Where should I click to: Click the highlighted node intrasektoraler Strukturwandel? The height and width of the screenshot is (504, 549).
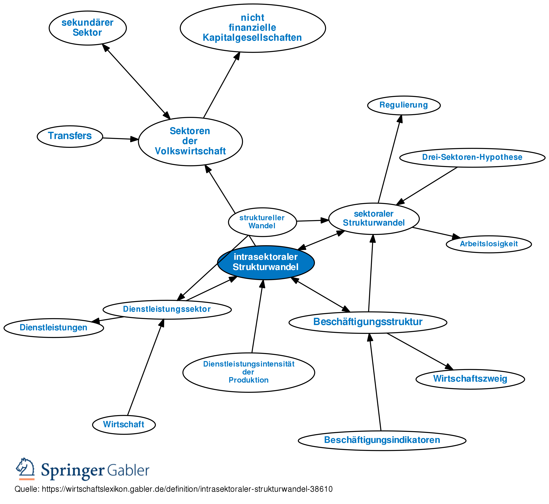click(x=266, y=262)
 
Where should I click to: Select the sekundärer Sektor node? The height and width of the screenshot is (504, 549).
click(x=88, y=28)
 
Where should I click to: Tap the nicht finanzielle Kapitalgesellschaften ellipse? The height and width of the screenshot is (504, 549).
click(x=253, y=28)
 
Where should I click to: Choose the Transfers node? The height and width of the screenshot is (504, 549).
click(x=70, y=136)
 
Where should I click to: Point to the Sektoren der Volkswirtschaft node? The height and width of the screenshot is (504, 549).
click(x=190, y=141)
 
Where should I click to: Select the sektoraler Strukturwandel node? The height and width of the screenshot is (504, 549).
click(x=374, y=219)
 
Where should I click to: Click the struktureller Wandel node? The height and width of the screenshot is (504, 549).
click(x=262, y=222)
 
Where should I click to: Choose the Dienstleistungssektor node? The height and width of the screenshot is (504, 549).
click(x=167, y=309)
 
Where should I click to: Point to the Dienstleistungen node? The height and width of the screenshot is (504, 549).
click(x=54, y=328)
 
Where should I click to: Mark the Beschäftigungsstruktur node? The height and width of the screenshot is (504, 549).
click(x=368, y=322)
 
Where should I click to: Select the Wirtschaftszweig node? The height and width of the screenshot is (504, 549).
click(x=470, y=379)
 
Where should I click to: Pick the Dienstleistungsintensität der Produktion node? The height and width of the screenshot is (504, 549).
click(x=249, y=372)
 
